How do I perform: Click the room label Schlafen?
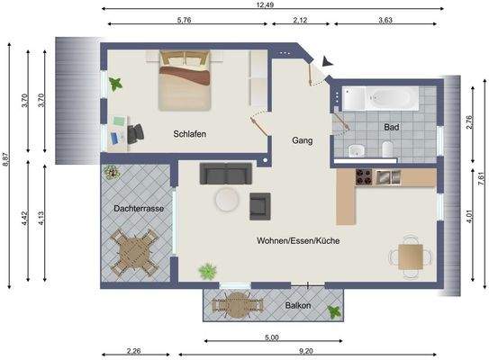(191, 134)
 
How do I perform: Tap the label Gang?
(302, 141)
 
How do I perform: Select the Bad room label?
(391, 128)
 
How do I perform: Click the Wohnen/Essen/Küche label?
(298, 240)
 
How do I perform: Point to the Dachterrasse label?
(139, 209)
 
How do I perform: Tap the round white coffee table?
(226, 199)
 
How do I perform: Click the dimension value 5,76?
(188, 20)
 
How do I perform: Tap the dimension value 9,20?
(306, 351)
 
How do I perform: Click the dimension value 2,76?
(469, 124)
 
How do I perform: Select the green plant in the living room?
(208, 270)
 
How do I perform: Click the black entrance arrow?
(327, 60)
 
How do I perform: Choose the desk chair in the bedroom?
(136, 133)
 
